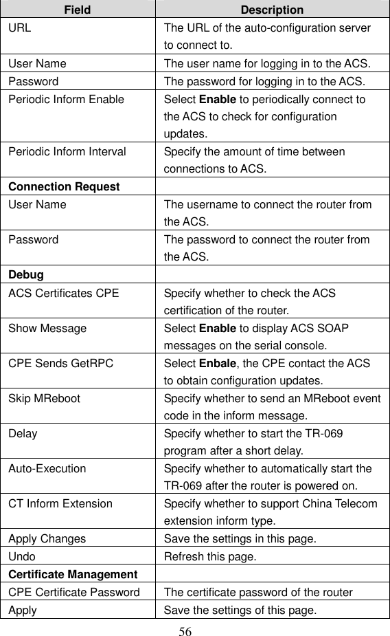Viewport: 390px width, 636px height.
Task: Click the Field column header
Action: [78, 10]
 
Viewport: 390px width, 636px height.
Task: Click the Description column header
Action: [272, 10]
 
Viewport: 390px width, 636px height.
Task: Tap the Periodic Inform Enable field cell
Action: [67, 99]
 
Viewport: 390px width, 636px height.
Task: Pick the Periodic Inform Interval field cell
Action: [67, 152]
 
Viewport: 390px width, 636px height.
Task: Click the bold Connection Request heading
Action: [64, 187]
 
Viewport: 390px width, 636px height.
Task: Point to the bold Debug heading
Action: [26, 275]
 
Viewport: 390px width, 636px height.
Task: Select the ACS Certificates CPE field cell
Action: [63, 293]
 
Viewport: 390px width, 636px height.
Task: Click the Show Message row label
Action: [47, 328]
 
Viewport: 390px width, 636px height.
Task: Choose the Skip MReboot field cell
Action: [44, 399]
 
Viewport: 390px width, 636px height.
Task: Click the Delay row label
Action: [23, 434]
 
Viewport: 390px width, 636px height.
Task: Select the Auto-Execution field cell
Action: [47, 469]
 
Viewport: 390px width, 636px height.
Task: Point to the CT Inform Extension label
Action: [60, 504]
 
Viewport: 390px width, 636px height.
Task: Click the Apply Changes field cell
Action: [47, 539]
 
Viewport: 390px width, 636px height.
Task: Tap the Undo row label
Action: [21, 556]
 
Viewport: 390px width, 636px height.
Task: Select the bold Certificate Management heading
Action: [73, 574]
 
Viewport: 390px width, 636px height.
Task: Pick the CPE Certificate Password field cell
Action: [74, 591]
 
